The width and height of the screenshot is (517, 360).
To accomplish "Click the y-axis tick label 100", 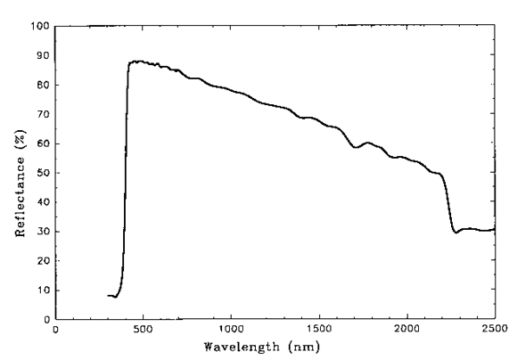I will pos(37,26).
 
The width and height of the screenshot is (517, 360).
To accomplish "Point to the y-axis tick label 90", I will pos(40,55).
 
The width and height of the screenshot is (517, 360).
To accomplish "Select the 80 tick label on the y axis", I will pos(40,85).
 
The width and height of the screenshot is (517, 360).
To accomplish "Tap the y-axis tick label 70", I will pos(40,114).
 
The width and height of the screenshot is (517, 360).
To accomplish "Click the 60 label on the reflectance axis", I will pos(40,143).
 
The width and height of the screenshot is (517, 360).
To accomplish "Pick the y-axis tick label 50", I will pos(40,173).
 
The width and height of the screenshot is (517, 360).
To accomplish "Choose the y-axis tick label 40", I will pos(40,202).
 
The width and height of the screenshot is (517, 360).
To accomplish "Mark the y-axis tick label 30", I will pos(40,232).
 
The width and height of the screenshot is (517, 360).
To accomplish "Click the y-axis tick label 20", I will pos(40,261).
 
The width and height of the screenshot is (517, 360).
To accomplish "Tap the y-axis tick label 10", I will pos(40,290).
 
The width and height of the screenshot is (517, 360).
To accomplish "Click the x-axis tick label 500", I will pos(144,330).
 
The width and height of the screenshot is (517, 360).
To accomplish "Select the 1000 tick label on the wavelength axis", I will pos(231,330).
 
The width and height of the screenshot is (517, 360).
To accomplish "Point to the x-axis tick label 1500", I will pos(318,330).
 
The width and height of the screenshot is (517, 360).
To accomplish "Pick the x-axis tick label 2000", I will pos(406,330).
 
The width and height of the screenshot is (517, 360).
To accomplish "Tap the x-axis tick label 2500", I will pos(493,330).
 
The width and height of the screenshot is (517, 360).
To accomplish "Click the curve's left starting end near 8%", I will pos(109,295).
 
